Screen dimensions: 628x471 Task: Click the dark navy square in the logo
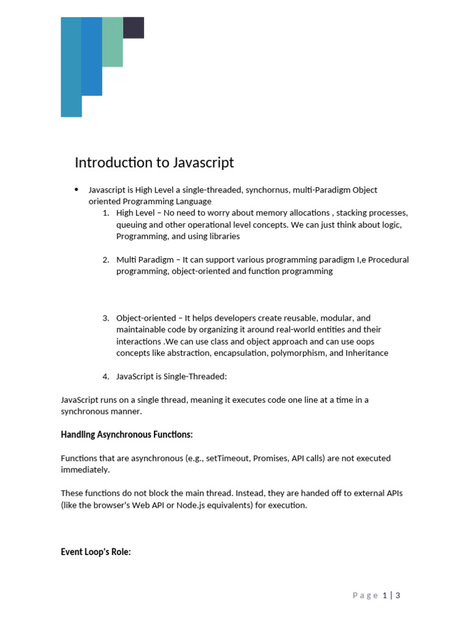click(134, 28)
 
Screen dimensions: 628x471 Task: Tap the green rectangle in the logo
click(112, 42)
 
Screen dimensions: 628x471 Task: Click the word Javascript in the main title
click(204, 163)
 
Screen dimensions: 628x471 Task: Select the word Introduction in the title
click(113, 163)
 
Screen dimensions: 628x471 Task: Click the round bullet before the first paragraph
click(76, 190)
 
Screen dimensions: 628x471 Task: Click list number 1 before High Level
click(105, 213)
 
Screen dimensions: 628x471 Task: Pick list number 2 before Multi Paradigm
click(105, 259)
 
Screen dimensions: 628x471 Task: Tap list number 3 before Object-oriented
click(105, 318)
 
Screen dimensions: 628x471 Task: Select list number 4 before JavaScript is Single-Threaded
click(105, 376)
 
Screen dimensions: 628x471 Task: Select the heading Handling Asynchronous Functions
click(126, 434)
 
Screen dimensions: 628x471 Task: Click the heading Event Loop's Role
click(96, 551)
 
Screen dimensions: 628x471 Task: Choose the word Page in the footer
click(366, 595)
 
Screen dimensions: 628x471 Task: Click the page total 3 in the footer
click(398, 595)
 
